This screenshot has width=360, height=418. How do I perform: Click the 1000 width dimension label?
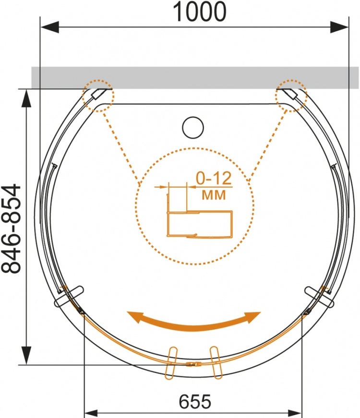click(x=200, y=12)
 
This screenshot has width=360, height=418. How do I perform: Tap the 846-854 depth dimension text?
click(x=11, y=229)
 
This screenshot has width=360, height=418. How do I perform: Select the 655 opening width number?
click(x=195, y=402)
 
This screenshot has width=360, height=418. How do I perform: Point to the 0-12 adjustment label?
click(x=214, y=179)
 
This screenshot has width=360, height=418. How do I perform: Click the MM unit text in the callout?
click(x=214, y=195)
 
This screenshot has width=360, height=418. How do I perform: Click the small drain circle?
click(x=193, y=128)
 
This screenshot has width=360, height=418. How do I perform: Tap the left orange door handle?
click(x=171, y=363)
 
